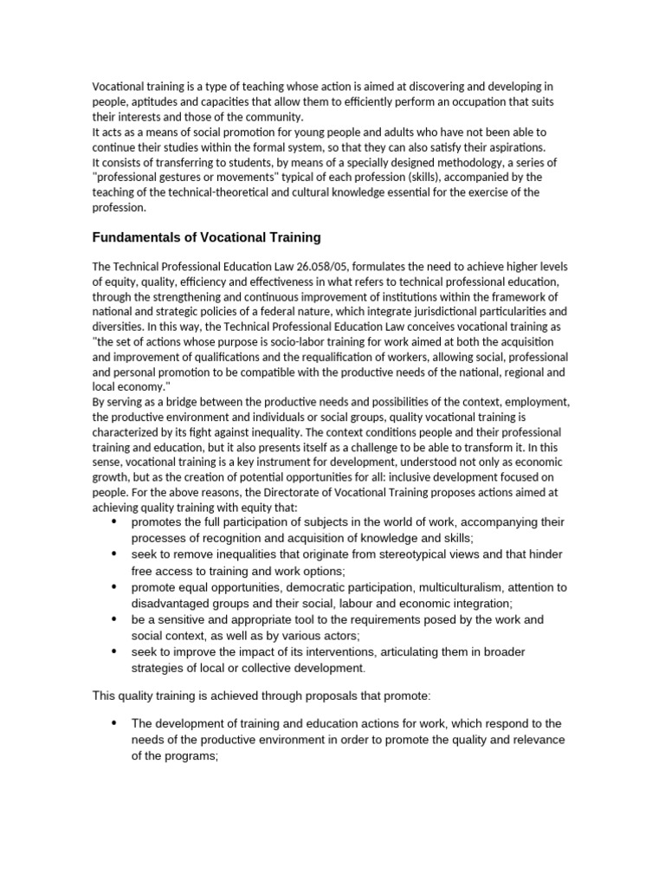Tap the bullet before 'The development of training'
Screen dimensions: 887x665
tap(114, 723)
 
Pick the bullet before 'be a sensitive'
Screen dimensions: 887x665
tap(114, 619)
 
